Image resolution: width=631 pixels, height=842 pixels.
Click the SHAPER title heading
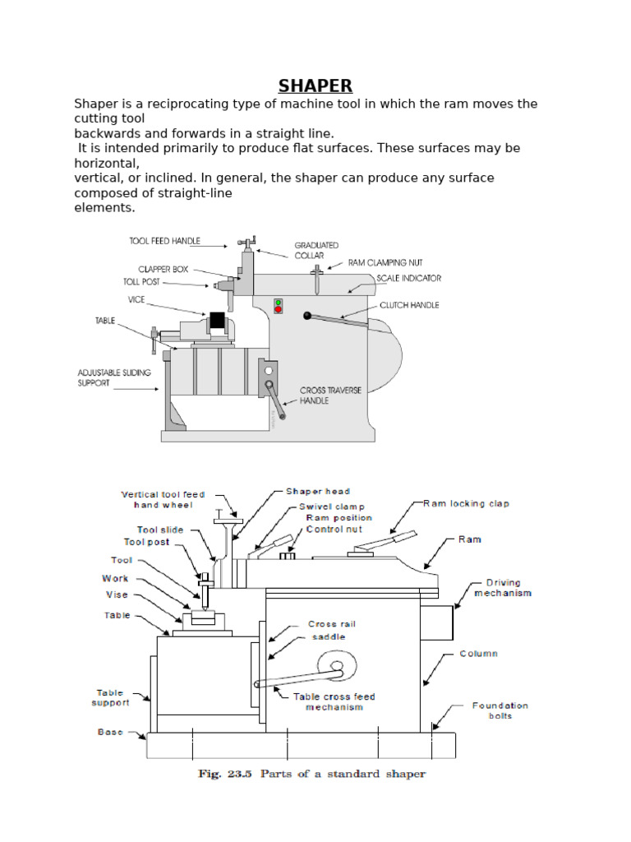(315, 86)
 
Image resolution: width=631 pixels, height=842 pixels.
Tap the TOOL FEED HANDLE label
(164, 242)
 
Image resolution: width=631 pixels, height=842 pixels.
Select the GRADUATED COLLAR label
(317, 250)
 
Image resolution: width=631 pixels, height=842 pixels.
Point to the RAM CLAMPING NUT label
(384, 263)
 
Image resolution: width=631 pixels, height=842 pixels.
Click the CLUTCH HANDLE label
(409, 305)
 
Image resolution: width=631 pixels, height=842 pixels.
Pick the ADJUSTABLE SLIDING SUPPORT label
(114, 377)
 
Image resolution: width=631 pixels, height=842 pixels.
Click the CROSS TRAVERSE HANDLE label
(330, 395)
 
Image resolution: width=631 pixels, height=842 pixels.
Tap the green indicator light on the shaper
(279, 303)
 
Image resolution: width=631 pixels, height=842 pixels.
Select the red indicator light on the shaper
(279, 310)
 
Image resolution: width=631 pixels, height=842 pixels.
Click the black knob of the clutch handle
(307, 315)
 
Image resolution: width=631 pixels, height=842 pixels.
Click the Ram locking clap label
(466, 503)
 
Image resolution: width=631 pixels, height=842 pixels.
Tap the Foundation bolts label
(500, 710)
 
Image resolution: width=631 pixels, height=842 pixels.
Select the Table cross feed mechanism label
(334, 701)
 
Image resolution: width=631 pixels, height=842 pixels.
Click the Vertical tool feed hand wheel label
(163, 500)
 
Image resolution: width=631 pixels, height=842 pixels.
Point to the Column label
(479, 654)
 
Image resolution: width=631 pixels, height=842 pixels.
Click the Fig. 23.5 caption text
(311, 774)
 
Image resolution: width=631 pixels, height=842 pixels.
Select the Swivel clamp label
(332, 507)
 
